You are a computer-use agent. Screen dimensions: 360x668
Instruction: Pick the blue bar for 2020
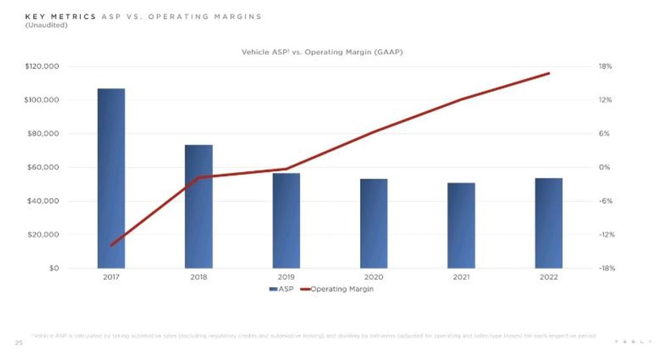tap(374, 223)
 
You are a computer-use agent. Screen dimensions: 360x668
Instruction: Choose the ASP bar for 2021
tap(461, 225)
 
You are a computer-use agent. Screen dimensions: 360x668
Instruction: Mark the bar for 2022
tap(549, 223)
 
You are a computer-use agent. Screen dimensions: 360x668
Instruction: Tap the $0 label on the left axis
tap(54, 268)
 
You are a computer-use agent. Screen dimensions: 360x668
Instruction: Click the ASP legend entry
tap(281, 289)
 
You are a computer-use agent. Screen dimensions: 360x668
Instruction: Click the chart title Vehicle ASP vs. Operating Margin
tap(322, 52)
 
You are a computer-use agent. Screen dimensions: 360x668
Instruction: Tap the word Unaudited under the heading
tap(46, 25)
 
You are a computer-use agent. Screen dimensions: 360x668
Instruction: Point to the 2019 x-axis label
tap(286, 277)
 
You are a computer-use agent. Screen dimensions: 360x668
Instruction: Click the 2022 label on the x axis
tap(549, 277)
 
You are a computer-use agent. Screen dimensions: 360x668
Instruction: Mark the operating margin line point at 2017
tap(111, 245)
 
